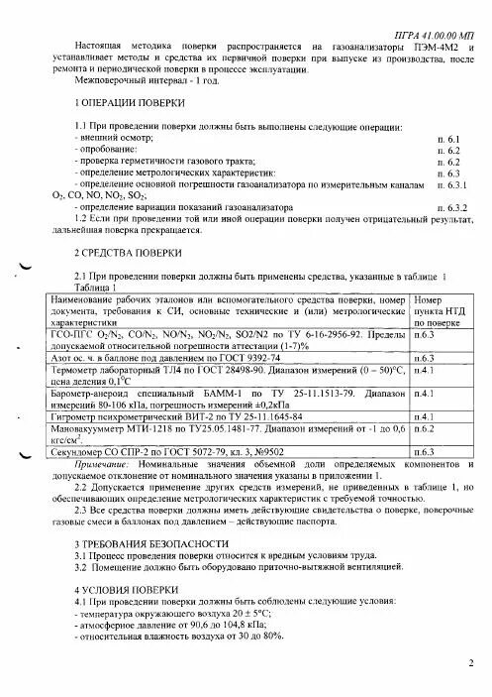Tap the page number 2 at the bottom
[x=471, y=662]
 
